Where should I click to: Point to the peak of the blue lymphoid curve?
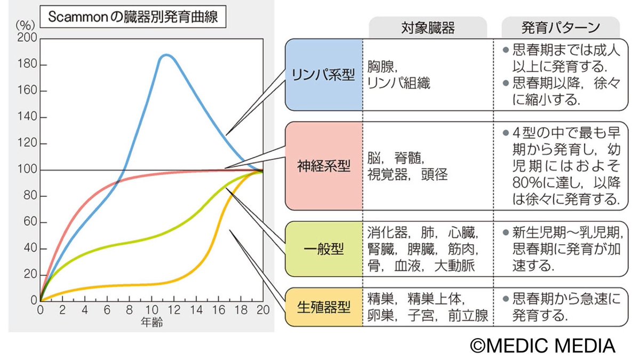[x=166, y=55]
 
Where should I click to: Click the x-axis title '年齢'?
[x=151, y=322]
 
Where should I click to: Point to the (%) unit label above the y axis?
[x=24, y=25]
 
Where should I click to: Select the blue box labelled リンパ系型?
[x=324, y=75]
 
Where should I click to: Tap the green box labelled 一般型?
[x=324, y=249]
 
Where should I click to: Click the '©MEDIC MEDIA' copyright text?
[x=542, y=345]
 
